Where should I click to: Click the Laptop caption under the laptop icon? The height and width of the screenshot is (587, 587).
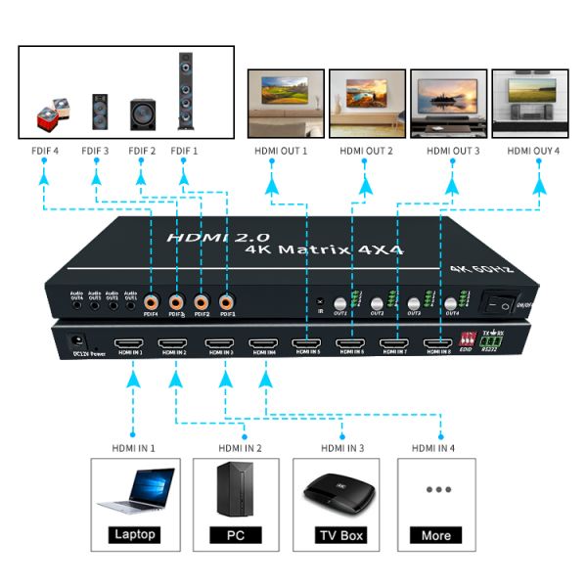coord(135,535)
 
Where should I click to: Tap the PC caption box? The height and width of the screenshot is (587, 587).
coord(236,535)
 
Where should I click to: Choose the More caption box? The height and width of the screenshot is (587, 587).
coord(436,535)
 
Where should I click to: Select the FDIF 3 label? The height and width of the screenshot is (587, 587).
coord(95,151)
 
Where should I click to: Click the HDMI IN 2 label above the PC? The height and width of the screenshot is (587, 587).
coord(240,448)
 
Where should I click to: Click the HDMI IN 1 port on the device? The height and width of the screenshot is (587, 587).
coord(130,344)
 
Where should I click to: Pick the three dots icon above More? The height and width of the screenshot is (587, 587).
coord(436,489)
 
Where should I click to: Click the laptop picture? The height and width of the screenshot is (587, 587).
coord(135,490)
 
